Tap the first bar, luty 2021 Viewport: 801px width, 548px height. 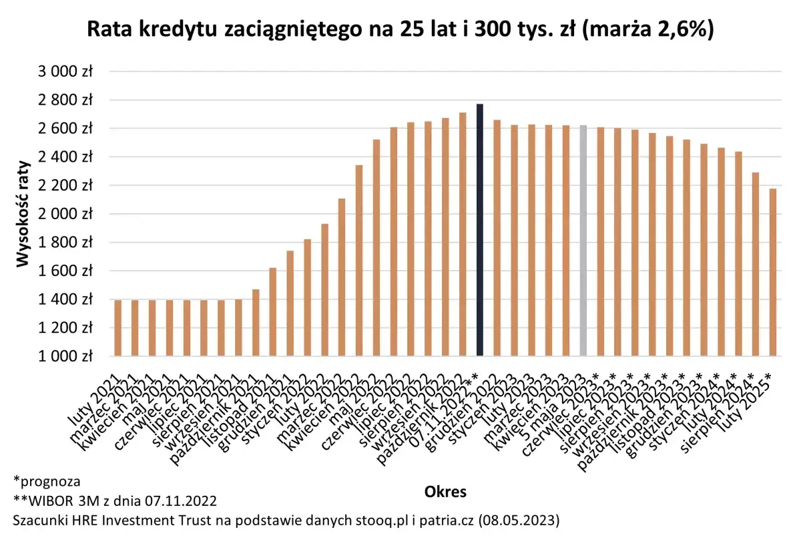point(117,327)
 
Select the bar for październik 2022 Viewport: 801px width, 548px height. point(462,234)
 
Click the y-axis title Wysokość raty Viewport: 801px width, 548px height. point(24,214)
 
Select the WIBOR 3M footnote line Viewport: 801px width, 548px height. point(115,501)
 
